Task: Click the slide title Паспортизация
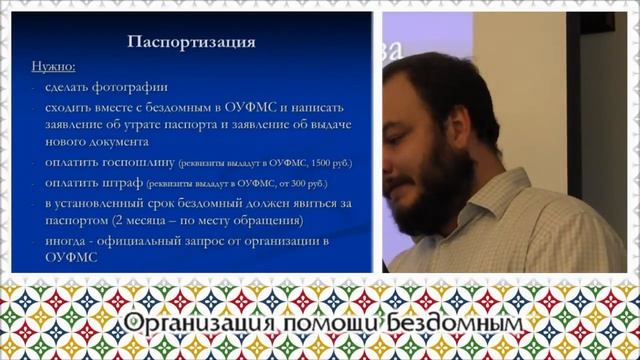pos(193,43)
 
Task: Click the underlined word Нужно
pos(54,67)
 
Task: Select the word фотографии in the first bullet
pos(131,88)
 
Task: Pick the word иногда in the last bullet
pos(66,241)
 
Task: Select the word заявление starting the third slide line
pos(75,125)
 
